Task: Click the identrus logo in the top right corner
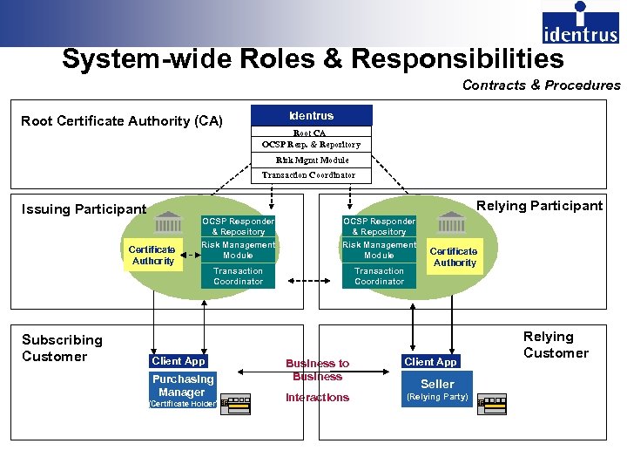point(580,24)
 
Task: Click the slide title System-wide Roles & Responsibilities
point(313,59)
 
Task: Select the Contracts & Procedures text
point(541,85)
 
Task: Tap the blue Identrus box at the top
point(311,115)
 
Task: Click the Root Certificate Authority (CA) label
point(122,121)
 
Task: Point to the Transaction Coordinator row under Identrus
point(311,174)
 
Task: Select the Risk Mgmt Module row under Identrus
point(311,160)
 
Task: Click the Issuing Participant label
point(84,209)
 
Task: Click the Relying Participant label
point(539,206)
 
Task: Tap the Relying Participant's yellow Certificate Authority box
point(454,256)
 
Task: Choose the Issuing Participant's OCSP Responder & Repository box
point(238,227)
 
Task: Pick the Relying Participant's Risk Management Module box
point(379,250)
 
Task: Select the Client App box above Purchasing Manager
point(179,361)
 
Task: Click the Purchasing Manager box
point(182,386)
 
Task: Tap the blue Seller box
point(437,384)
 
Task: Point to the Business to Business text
point(317,370)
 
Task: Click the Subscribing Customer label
point(62,348)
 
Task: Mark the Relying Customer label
point(556,345)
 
